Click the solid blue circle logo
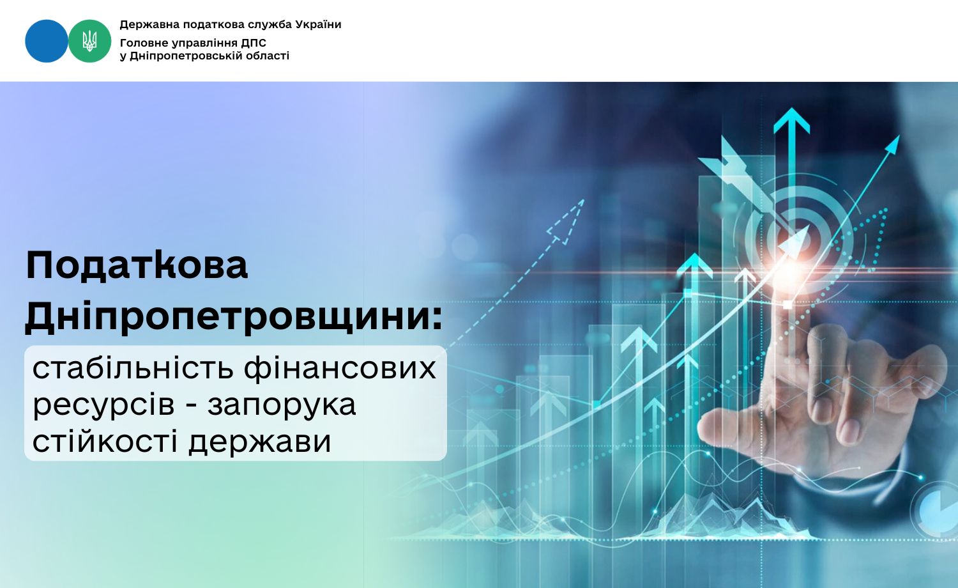coord(46,41)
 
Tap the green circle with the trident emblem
coord(90,41)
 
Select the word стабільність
coord(134,368)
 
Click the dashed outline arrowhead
coord(565,222)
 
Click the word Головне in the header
coord(144,43)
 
